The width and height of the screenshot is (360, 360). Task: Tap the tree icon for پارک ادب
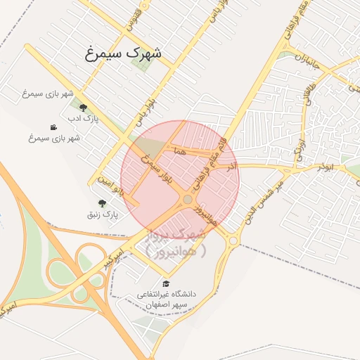84,108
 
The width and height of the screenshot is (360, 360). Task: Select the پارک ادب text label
84,118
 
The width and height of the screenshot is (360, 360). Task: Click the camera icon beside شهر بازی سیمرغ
53,127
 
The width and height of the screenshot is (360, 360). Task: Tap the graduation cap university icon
166,283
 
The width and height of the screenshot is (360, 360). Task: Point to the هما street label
181,151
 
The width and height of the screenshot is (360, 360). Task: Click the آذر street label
231,166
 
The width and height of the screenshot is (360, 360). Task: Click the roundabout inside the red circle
187,200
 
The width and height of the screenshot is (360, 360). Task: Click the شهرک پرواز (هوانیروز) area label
176,240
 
